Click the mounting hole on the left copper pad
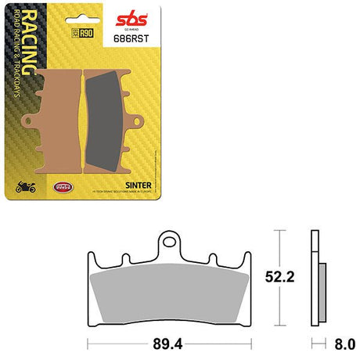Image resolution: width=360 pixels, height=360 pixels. click(x=29, y=123)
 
